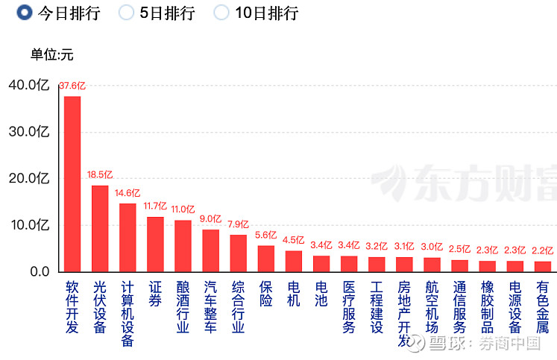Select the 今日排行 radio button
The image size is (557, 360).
24,13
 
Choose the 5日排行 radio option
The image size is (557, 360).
127,13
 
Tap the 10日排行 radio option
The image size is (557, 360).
221,13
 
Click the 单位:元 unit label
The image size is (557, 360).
52,54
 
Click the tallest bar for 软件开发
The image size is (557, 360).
72,183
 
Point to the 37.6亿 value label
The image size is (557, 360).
72,86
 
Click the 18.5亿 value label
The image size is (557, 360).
100,175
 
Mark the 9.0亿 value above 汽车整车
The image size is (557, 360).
211,219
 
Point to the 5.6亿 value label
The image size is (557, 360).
266,236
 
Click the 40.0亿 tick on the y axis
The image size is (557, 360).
29,85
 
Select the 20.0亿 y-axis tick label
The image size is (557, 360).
29,178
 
